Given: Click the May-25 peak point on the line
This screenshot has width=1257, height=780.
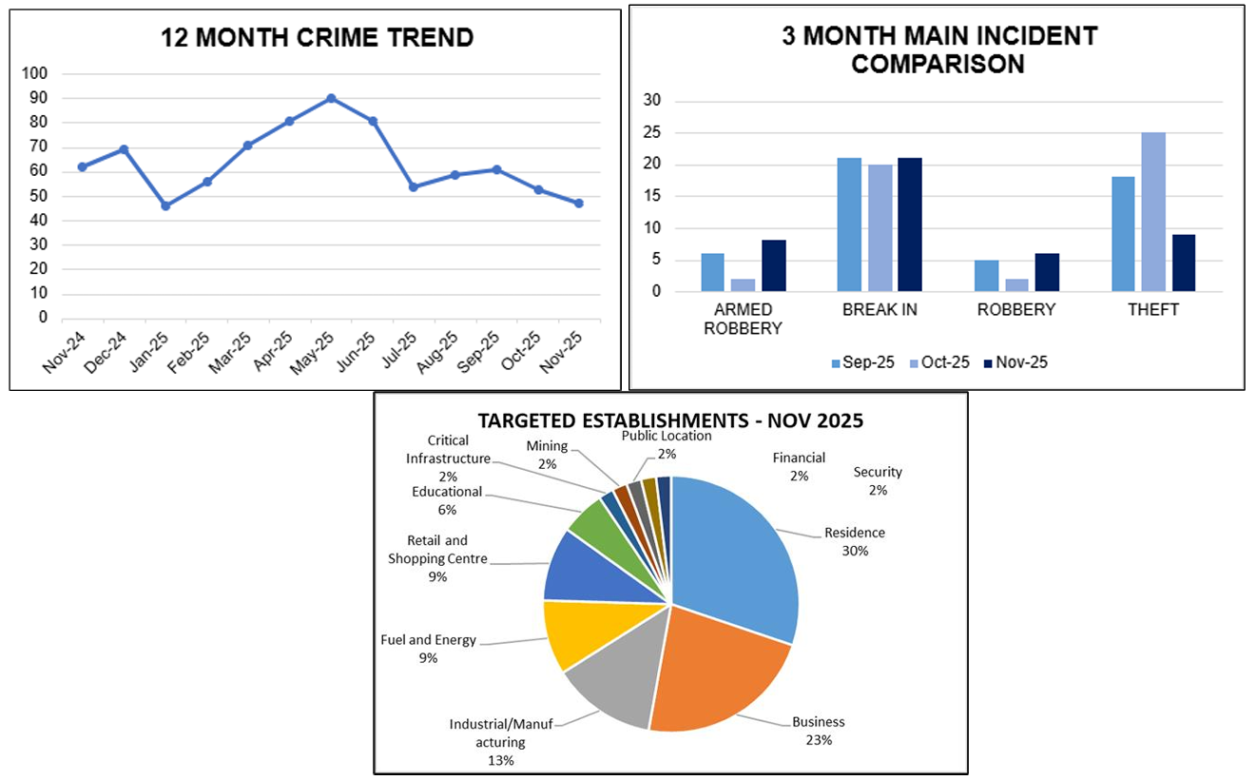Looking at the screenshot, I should [331, 98].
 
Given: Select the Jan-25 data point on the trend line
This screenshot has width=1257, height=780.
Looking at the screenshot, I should [165, 205].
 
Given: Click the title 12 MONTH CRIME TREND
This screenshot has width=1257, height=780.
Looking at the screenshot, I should [317, 38].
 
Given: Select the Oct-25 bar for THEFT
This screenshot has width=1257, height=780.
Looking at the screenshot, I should [1153, 212].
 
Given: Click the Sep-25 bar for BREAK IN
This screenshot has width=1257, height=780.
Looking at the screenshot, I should [849, 224].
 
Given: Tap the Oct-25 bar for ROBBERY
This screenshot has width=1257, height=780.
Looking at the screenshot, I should [1016, 284].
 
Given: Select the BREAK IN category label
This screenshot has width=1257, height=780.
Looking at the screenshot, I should [879, 310].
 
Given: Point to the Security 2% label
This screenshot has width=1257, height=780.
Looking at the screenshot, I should [877, 480].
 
